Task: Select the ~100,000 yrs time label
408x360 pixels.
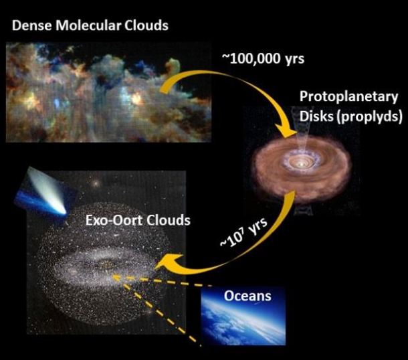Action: click(x=262, y=58)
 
